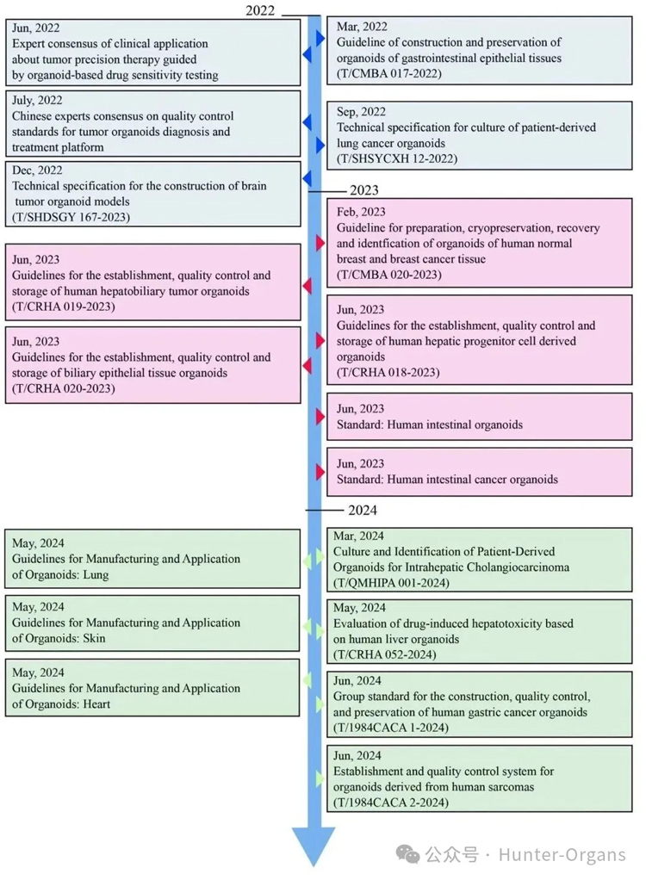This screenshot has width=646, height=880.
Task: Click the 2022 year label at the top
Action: [x=260, y=10]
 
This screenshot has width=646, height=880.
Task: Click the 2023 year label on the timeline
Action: [x=364, y=190]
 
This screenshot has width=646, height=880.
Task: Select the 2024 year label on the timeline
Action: [x=363, y=511]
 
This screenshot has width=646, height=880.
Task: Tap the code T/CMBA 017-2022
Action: [x=388, y=74]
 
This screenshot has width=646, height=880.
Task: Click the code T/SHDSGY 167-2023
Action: [x=71, y=217]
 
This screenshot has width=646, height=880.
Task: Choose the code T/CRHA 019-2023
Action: [x=64, y=307]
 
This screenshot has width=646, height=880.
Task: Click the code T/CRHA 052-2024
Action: [x=384, y=655]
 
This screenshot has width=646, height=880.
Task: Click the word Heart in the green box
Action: [x=96, y=704]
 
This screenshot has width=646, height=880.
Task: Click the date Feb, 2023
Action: [x=361, y=212]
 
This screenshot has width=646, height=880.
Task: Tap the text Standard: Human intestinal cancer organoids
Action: [x=447, y=480]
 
